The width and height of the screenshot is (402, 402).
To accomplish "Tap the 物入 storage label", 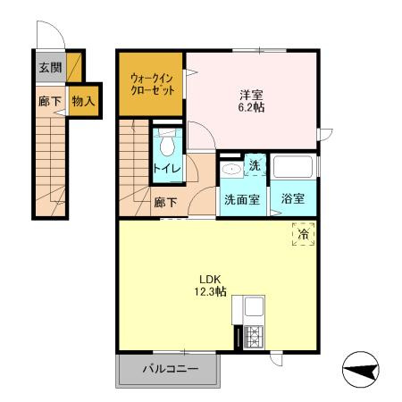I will pos(83,102).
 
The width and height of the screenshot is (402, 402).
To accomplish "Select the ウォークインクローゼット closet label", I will pos(151,84).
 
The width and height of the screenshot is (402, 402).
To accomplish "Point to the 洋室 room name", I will pos(251,94).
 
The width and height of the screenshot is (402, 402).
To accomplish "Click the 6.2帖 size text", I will pos(251,108).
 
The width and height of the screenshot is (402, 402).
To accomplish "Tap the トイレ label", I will pos(166,168).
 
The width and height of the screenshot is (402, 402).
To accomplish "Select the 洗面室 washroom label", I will pos(241,199).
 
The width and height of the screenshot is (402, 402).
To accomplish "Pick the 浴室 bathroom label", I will pos(293,199).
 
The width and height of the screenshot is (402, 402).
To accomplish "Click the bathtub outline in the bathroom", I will pos(294,168).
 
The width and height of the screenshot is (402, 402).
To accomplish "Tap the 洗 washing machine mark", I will pos(255,165).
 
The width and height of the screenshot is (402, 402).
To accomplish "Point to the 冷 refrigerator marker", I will pos(304,235).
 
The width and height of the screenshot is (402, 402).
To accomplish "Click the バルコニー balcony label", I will pos(168,369).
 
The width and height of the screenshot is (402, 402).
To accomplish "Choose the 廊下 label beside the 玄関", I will pos(49,102).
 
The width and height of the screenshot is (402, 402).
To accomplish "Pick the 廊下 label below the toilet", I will pos(165,202).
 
